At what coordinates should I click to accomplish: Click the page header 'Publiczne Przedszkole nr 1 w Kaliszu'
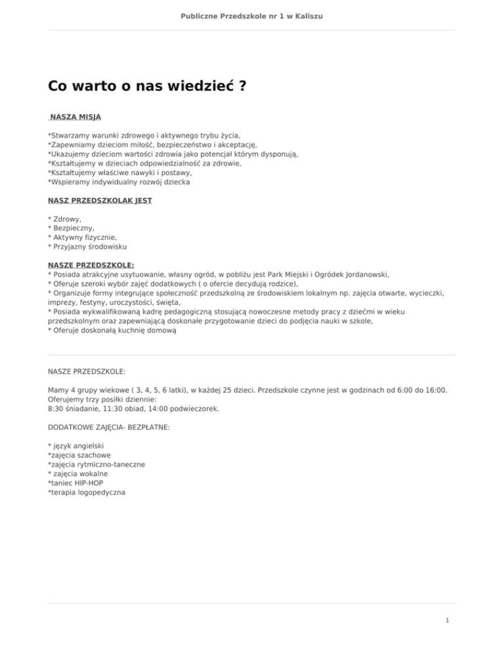[x=251, y=15]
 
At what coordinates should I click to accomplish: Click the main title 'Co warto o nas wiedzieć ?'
[x=147, y=87]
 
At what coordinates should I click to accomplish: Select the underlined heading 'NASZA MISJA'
[x=75, y=117]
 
